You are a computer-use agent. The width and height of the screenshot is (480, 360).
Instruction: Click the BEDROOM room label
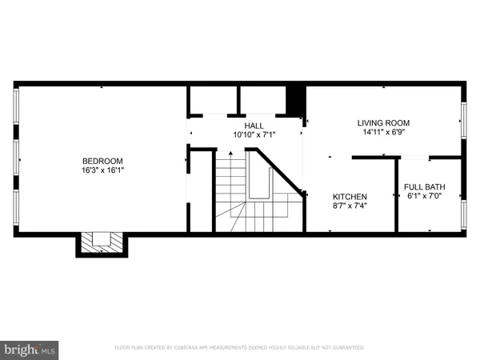(x=102, y=160)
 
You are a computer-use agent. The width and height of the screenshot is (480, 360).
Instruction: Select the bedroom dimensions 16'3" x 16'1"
(x=102, y=170)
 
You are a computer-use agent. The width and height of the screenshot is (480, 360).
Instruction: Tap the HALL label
(x=254, y=126)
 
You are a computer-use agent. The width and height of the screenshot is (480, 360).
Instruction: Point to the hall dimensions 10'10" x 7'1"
(x=254, y=135)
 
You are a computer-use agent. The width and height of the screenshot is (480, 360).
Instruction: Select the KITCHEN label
(x=350, y=197)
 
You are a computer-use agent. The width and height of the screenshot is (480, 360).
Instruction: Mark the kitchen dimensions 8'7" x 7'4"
(x=350, y=206)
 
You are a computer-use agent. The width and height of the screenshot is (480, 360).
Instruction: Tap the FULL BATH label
(x=425, y=187)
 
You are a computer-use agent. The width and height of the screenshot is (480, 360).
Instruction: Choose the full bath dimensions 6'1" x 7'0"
(x=425, y=197)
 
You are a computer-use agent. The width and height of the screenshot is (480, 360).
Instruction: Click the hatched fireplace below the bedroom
(x=102, y=242)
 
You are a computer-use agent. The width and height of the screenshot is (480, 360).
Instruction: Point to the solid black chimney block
(x=296, y=100)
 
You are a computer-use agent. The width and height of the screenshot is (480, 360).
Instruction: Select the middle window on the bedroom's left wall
(x=17, y=158)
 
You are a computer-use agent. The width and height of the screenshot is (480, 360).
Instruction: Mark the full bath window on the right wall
(x=463, y=214)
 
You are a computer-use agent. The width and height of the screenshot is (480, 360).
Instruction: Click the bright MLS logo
(x=30, y=350)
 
